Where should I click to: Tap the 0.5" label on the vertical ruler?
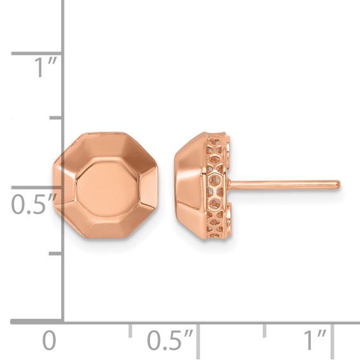(33, 205)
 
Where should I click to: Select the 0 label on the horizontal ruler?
(49, 342)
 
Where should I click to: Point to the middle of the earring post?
(283, 184)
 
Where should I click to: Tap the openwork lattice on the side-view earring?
(216, 184)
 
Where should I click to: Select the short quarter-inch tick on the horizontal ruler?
(130, 329)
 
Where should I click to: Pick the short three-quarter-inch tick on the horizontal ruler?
(265, 329)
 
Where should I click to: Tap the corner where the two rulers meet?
(63, 322)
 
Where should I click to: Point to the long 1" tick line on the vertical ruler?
(38, 53)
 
